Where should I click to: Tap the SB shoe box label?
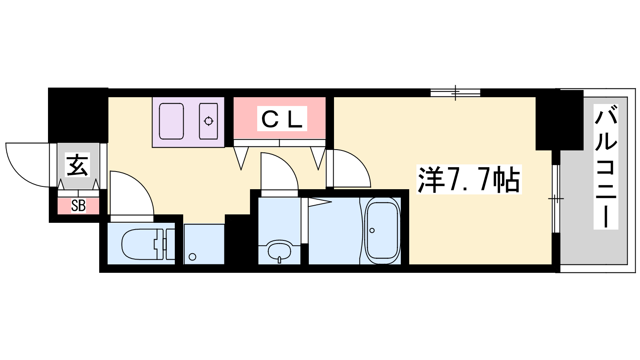click(78, 206)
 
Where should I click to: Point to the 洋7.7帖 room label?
click(469, 180)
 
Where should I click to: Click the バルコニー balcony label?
click(606, 167)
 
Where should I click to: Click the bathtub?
click(382, 230)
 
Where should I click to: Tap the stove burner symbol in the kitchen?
click(208, 121)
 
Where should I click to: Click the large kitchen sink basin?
click(171, 121)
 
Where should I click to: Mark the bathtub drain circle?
click(372, 230)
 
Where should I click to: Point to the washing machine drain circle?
click(192, 257)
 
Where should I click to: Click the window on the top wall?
click(456, 93)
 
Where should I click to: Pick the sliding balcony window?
click(556, 198)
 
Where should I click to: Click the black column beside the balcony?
click(559, 120)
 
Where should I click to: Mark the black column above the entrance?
click(78, 116)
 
